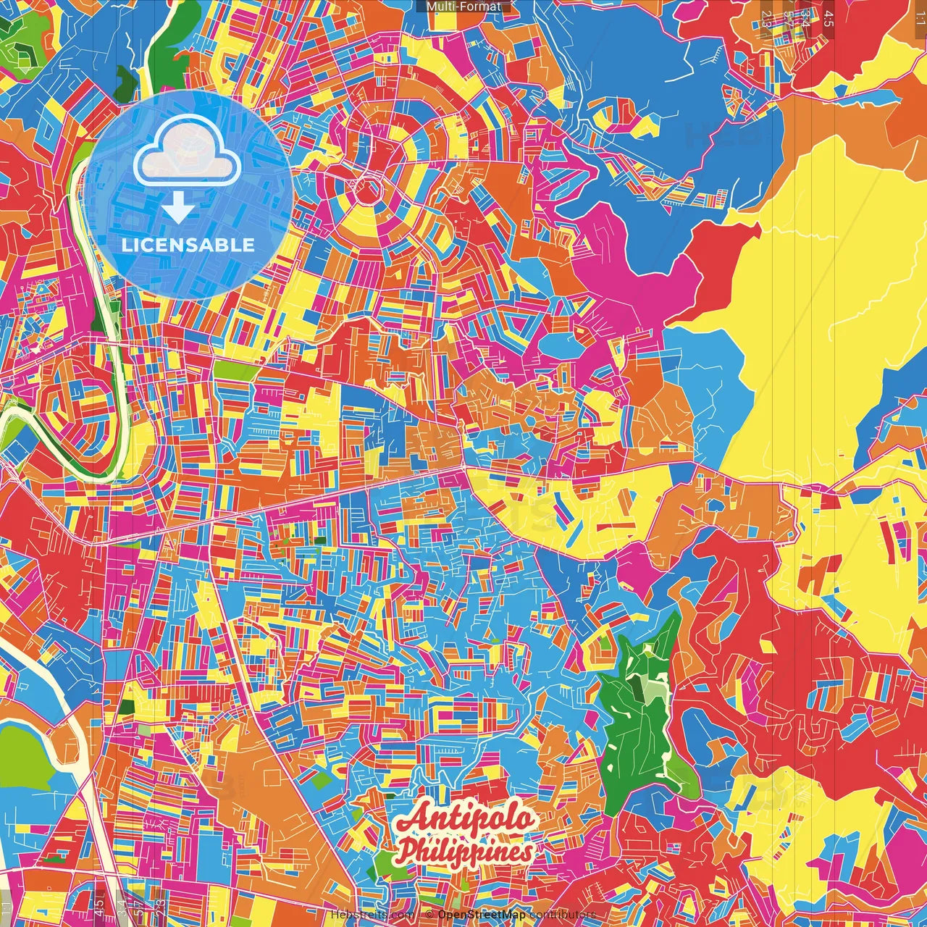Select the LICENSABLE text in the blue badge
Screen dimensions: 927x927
[x=188, y=245]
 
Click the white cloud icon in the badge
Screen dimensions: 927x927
[x=188, y=153]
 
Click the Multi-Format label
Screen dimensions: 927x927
[x=463, y=7]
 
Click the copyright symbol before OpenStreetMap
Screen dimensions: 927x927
[x=429, y=915]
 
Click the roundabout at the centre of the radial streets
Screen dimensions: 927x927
[x=369, y=191]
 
